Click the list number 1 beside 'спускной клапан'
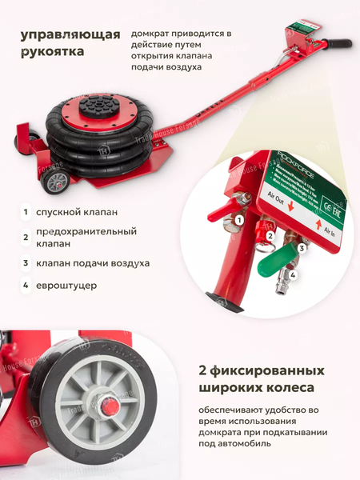coord(26,212)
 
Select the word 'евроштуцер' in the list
coord(72,285)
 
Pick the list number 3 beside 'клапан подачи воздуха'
coord(26,262)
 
